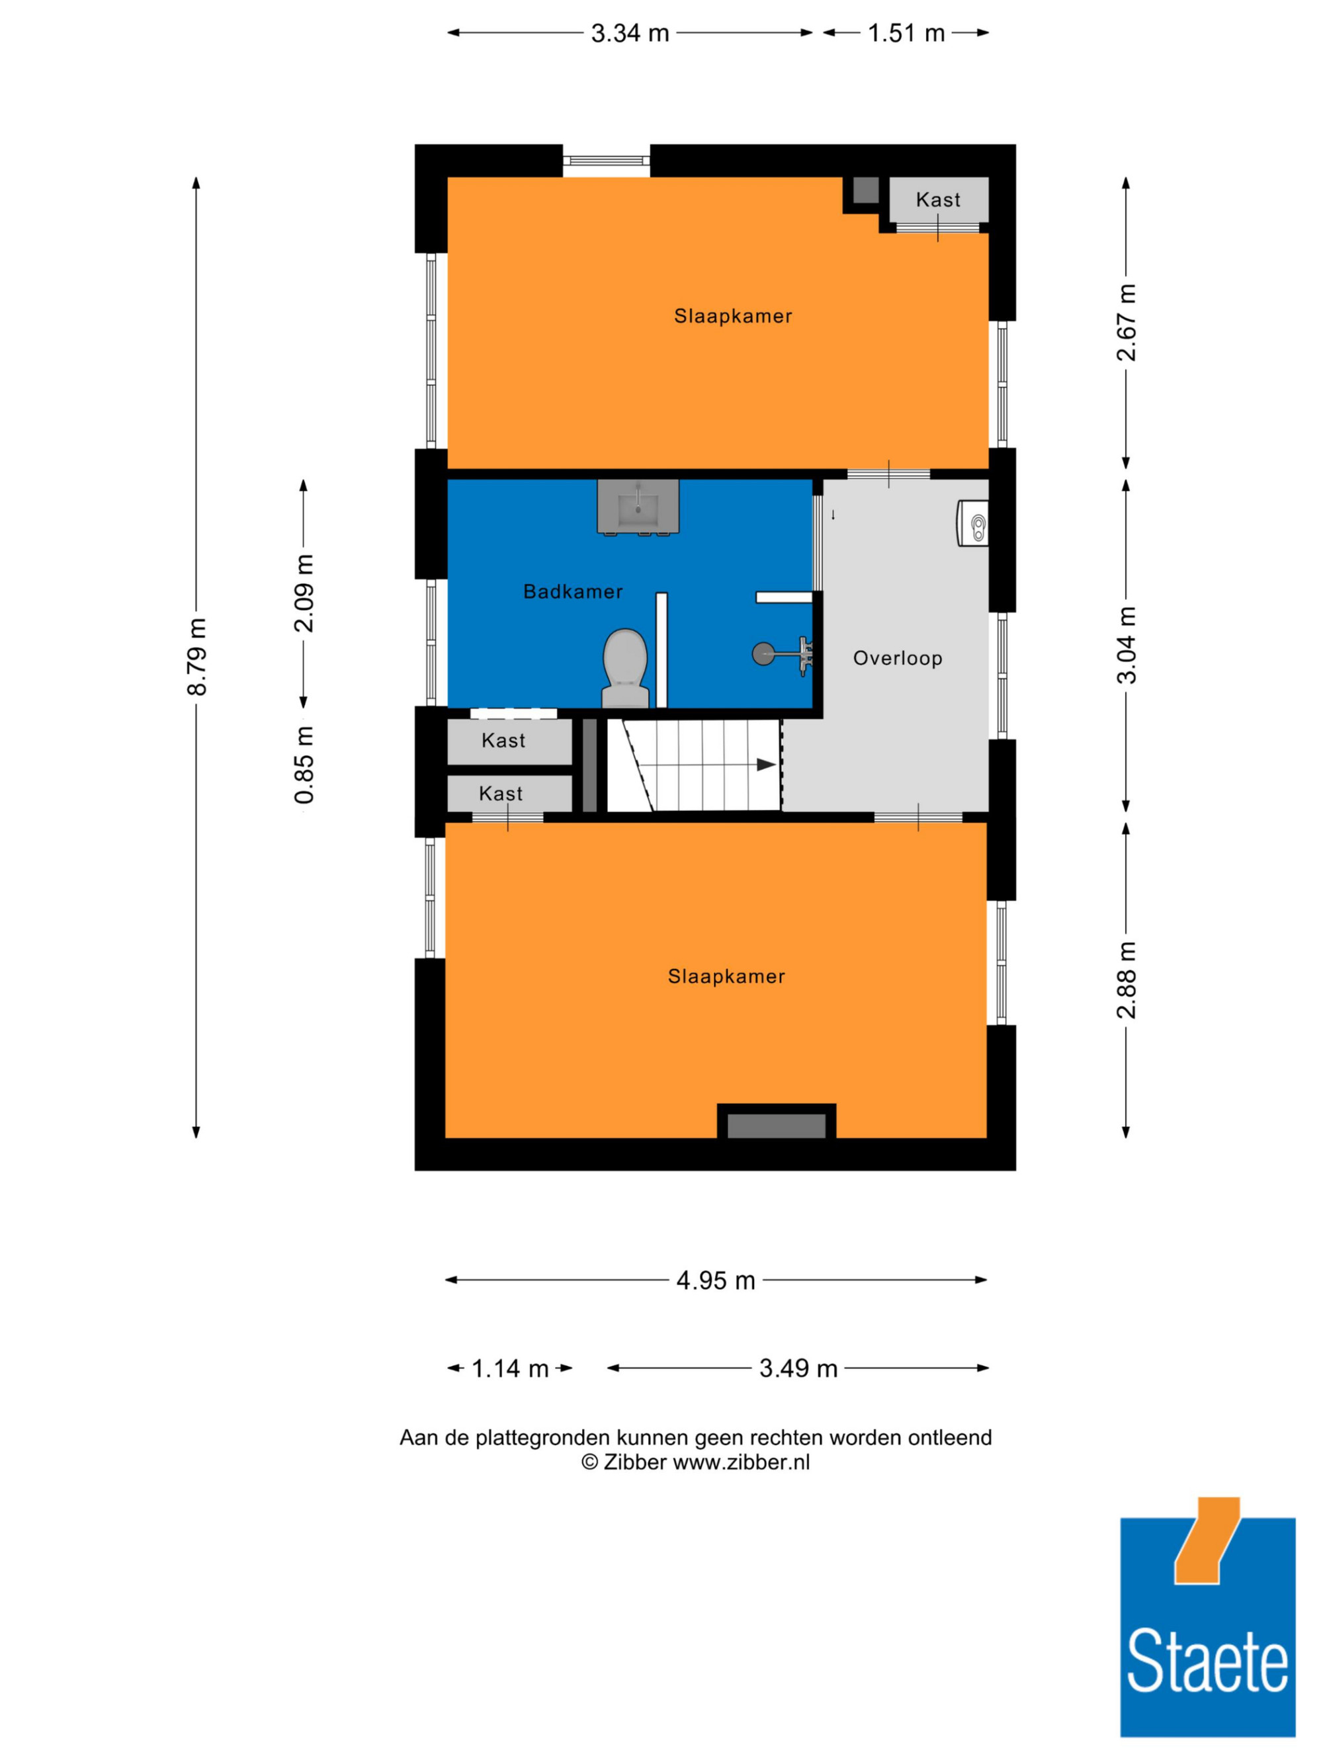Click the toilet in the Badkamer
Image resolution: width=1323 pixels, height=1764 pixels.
(x=625, y=668)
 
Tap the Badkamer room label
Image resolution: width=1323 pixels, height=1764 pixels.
(x=573, y=592)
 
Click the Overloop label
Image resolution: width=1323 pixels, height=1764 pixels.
(x=898, y=658)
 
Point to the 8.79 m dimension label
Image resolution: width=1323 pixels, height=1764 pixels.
(x=196, y=656)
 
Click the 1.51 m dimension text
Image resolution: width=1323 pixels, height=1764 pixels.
(x=906, y=34)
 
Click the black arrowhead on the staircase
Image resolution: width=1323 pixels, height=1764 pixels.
(x=765, y=765)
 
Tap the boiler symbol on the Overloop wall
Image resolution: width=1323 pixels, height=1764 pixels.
(x=973, y=523)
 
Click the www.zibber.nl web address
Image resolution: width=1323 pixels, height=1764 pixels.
(x=742, y=1462)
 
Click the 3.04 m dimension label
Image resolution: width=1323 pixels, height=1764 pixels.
(x=1126, y=645)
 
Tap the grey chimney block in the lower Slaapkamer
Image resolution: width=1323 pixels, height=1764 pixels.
(x=776, y=1126)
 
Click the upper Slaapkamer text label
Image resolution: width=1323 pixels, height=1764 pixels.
(x=733, y=315)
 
